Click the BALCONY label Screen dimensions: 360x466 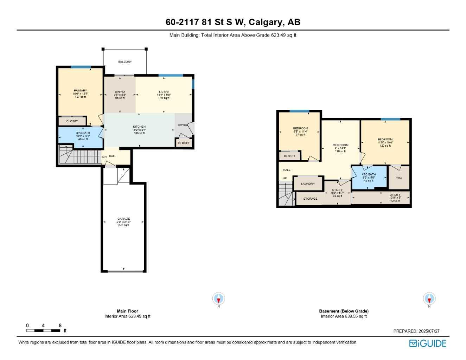(125, 62)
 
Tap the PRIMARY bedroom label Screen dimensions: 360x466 (80, 91)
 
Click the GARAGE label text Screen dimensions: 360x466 (123, 219)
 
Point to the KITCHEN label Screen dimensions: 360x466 (139, 127)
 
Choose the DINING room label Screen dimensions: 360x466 (120, 92)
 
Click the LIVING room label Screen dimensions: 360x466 (164, 92)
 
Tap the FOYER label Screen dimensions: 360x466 (183, 125)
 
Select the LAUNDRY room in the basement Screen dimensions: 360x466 (308, 184)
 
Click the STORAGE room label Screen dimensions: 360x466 (310, 199)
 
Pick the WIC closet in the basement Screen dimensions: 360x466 (399, 178)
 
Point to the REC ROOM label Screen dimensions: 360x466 (340, 145)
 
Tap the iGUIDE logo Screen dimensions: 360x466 (428, 343)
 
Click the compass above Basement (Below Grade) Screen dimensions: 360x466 (429, 299)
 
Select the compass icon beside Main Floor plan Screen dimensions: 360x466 (218, 299)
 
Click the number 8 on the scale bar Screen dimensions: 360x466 (60, 326)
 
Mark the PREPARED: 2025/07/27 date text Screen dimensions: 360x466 (416, 331)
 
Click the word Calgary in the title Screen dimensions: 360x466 (266, 22)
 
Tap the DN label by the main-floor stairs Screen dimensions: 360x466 (104, 157)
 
